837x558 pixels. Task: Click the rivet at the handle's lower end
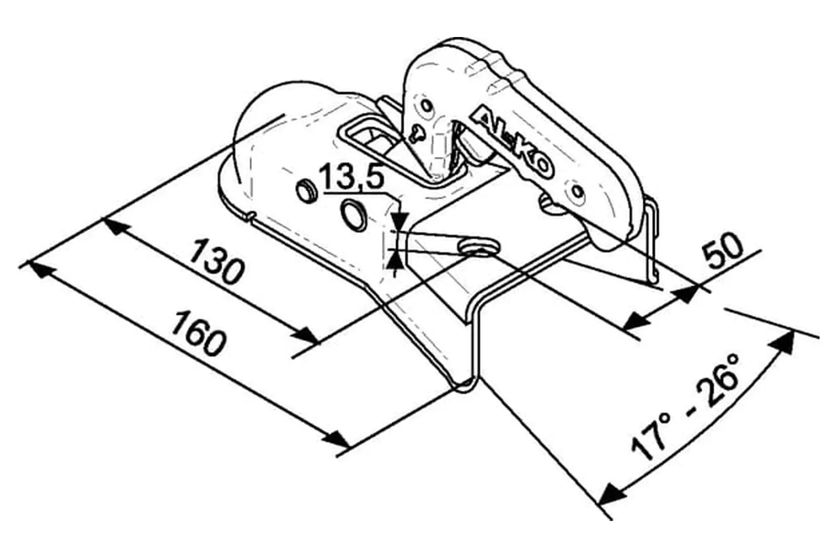tap(578, 191)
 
